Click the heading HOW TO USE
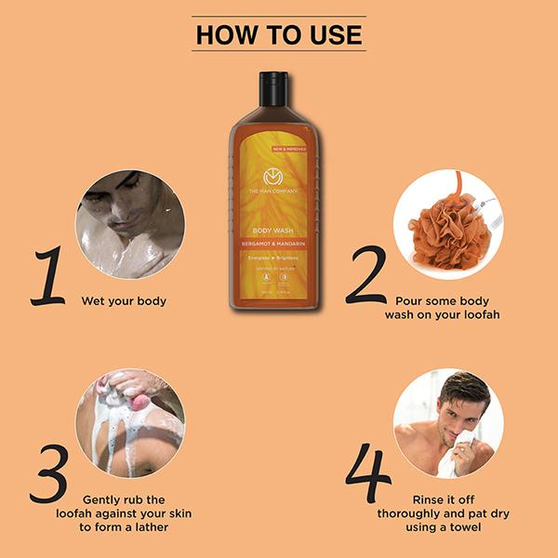point(278,35)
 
